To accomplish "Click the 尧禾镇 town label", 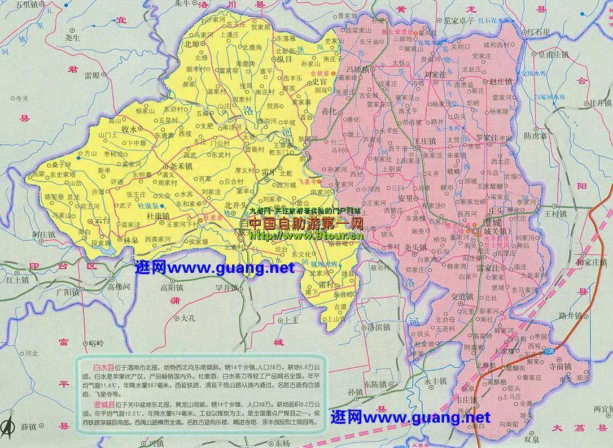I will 181,166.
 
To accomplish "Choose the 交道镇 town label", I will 462,295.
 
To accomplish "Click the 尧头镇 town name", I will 415,247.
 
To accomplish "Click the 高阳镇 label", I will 172,287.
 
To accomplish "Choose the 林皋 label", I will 132,240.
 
